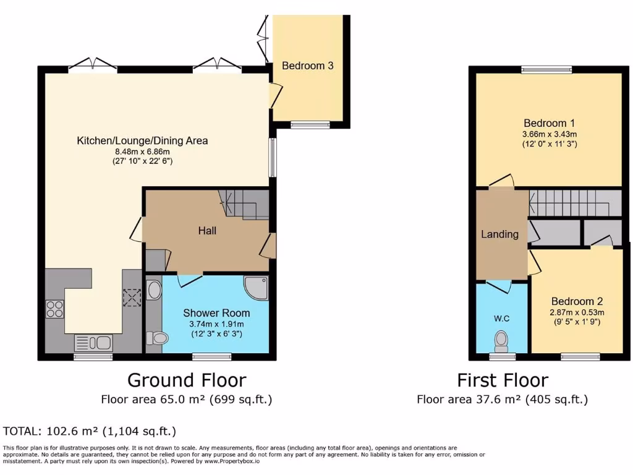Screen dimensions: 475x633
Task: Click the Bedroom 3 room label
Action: (308, 66)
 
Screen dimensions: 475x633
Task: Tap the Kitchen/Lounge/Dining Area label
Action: (142, 140)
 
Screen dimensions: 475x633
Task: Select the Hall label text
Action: (207, 231)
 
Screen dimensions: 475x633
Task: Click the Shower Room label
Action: (215, 313)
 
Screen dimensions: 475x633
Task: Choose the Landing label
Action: (500, 234)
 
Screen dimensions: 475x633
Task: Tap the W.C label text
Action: (501, 319)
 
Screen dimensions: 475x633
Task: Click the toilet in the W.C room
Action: (501, 340)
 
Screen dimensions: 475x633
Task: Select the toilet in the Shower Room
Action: (158, 338)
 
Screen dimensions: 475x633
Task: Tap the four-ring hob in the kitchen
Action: (54, 308)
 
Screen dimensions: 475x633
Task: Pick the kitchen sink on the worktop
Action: (93, 342)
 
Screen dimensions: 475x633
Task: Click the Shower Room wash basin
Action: (153, 291)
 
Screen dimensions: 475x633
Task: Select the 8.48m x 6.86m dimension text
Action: (142, 152)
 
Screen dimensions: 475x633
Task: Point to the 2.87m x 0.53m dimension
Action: (577, 312)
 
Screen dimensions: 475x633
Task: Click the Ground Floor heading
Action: (187, 380)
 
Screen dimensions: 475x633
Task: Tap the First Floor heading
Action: (502, 380)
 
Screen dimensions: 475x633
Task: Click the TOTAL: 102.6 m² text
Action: (90, 431)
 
